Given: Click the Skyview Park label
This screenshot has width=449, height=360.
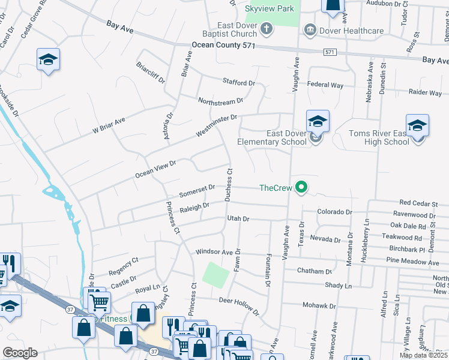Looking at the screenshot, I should (x=270, y=10).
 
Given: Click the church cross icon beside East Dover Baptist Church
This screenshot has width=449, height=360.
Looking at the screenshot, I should (x=267, y=29).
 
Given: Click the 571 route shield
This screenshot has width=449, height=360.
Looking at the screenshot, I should (x=329, y=53).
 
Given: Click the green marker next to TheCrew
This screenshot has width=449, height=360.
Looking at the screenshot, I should (x=303, y=188).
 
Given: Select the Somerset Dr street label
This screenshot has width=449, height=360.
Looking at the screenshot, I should (x=197, y=191).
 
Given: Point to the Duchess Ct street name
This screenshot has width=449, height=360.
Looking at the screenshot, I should (x=229, y=185).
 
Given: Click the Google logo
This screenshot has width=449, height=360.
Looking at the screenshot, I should (x=20, y=353).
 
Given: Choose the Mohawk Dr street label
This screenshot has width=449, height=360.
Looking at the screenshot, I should (x=319, y=305).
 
